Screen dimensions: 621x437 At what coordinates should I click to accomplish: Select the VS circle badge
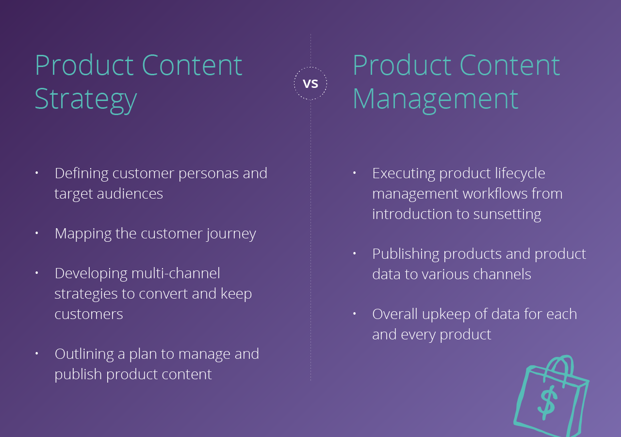click(310, 83)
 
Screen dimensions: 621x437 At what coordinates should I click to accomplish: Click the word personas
click(209, 174)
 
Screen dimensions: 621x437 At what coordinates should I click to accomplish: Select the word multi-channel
click(176, 273)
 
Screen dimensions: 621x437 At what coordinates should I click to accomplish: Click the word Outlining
click(84, 354)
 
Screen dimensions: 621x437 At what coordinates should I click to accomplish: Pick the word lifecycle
click(520, 174)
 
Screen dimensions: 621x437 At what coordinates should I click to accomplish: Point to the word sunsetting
click(507, 215)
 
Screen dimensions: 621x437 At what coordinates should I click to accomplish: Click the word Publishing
click(406, 254)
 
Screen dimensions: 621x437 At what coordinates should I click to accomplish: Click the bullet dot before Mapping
click(36, 233)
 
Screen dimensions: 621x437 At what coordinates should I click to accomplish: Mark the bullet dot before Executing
click(354, 173)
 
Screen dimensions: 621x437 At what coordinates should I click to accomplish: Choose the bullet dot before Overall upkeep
click(354, 314)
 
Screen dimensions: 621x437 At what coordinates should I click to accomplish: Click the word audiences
click(130, 194)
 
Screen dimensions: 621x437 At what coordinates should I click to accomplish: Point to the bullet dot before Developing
click(36, 273)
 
